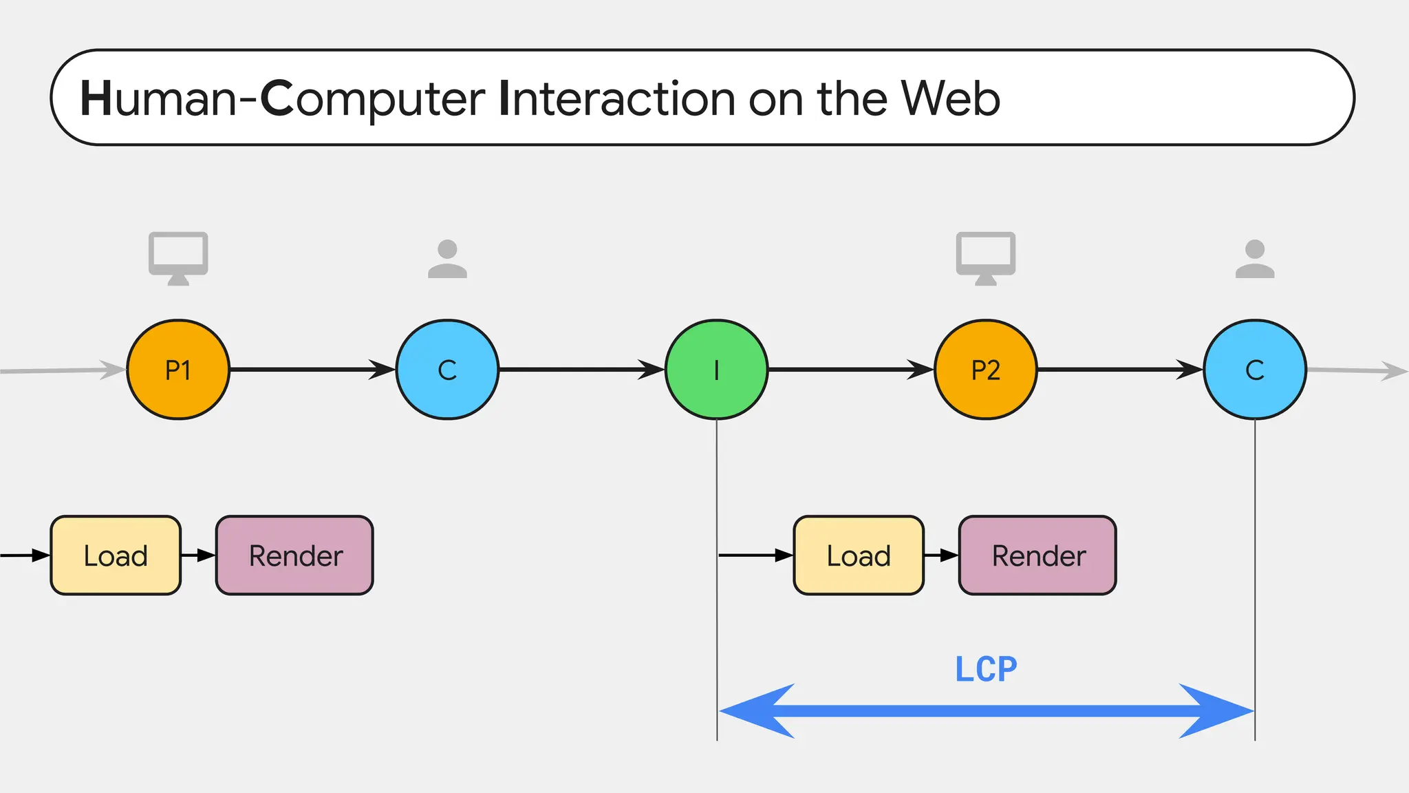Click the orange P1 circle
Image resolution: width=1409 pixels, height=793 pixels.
coord(178,370)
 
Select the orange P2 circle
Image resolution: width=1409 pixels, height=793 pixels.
coord(985,370)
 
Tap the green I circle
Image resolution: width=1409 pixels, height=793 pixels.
coord(716,370)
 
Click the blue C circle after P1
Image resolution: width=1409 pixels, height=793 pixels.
coord(447,370)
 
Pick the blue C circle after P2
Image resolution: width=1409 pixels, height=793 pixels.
coord(1254,370)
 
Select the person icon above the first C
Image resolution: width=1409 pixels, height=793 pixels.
coord(447,260)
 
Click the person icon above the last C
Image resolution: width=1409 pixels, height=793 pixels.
coord(1254,260)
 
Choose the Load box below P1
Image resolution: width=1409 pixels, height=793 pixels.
coord(116,555)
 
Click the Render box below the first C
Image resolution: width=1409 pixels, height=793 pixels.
coord(294,555)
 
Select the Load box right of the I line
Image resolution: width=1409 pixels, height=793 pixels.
coord(858,555)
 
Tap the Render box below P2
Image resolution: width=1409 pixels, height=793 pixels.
coord(1037,555)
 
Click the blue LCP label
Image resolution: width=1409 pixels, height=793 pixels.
coord(985,669)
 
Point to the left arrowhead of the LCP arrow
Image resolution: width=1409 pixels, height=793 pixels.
coord(753,711)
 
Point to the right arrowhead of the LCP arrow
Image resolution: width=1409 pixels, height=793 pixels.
coord(1218,711)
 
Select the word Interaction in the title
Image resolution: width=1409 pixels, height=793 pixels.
coord(616,98)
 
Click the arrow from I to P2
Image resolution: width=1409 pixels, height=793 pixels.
coord(850,370)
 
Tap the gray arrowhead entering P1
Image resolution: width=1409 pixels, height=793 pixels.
coord(114,370)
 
